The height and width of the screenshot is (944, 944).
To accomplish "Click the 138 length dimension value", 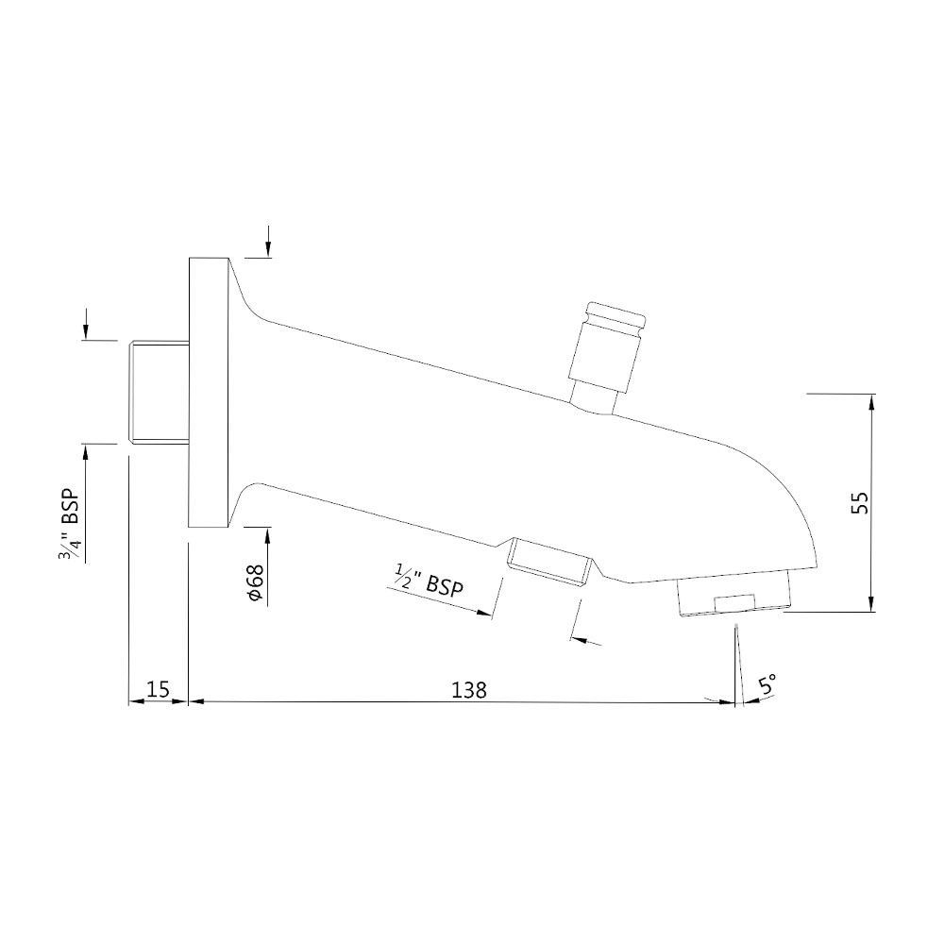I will pyautogui.click(x=468, y=690).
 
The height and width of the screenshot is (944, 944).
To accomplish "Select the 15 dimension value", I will pyautogui.click(x=159, y=690).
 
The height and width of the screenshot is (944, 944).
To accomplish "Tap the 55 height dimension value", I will pyautogui.click(x=859, y=502).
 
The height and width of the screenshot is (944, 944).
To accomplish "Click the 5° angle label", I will pyautogui.click(x=767, y=684).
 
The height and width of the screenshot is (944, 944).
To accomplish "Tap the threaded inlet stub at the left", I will pyautogui.click(x=159, y=390).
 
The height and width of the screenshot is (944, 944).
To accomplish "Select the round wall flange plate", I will pyautogui.click(x=209, y=392).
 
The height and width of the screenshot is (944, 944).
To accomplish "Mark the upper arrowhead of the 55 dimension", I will pyautogui.click(x=870, y=401).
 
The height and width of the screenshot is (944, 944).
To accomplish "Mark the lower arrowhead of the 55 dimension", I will pyautogui.click(x=870, y=604).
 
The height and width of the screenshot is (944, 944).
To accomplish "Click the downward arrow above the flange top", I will pyautogui.click(x=268, y=248).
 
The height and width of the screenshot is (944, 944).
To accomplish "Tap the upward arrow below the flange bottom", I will pyautogui.click(x=268, y=535).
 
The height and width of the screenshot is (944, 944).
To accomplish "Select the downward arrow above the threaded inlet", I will pyautogui.click(x=86, y=330).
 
